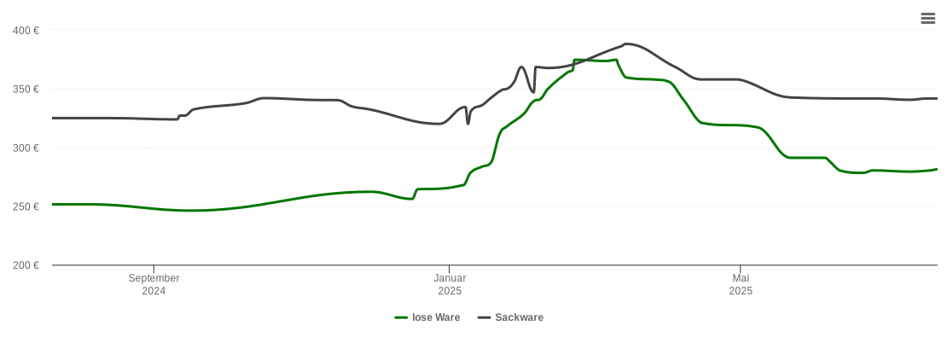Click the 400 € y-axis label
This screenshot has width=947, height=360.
pyautogui.click(x=26, y=31)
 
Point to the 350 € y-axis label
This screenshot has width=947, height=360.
pyautogui.click(x=26, y=90)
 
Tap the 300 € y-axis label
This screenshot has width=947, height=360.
pyautogui.click(x=26, y=148)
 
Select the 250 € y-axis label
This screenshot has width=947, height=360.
pyautogui.click(x=26, y=207)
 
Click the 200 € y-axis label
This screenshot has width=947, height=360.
pyautogui.click(x=26, y=265)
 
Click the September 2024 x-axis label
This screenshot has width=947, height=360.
pyautogui.click(x=154, y=284)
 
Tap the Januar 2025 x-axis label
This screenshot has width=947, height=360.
pyautogui.click(x=450, y=284)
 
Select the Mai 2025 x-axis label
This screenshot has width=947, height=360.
pyautogui.click(x=741, y=284)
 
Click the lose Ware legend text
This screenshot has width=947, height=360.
pyautogui.click(x=436, y=317)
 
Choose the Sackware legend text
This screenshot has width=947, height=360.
pyautogui.click(x=519, y=317)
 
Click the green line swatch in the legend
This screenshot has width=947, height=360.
pyautogui.click(x=401, y=317)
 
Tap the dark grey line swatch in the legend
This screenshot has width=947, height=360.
pyautogui.click(x=484, y=317)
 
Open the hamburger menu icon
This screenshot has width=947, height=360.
pyautogui.click(x=928, y=19)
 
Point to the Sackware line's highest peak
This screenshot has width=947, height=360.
pyautogui.click(x=626, y=44)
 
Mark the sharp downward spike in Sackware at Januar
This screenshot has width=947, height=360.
pyautogui.click(x=468, y=123)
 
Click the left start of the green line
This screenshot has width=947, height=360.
pyautogui.click(x=53, y=205)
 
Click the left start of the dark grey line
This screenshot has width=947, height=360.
pyautogui.click(x=53, y=118)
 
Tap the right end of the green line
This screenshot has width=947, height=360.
pyautogui.click(x=937, y=169)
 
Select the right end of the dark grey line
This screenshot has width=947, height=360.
pyautogui.click(x=937, y=99)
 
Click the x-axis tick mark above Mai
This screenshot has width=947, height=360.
pyautogui.click(x=741, y=269)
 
